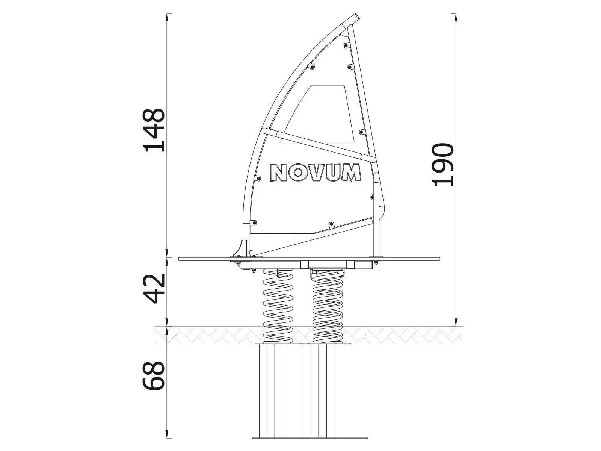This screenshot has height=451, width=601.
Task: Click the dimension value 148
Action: pos(154,130)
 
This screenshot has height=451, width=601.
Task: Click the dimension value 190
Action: pos(443,165)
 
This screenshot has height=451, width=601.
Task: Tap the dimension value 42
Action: pos(154,288)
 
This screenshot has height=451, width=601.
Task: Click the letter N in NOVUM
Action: pos(279,173)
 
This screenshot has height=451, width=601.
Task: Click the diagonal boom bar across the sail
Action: pos(319,145)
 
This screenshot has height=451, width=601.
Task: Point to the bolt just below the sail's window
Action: pos(362,132)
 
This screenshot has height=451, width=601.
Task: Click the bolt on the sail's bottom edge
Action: pos(331,224)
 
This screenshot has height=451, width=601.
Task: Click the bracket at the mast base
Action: pos(240,256)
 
